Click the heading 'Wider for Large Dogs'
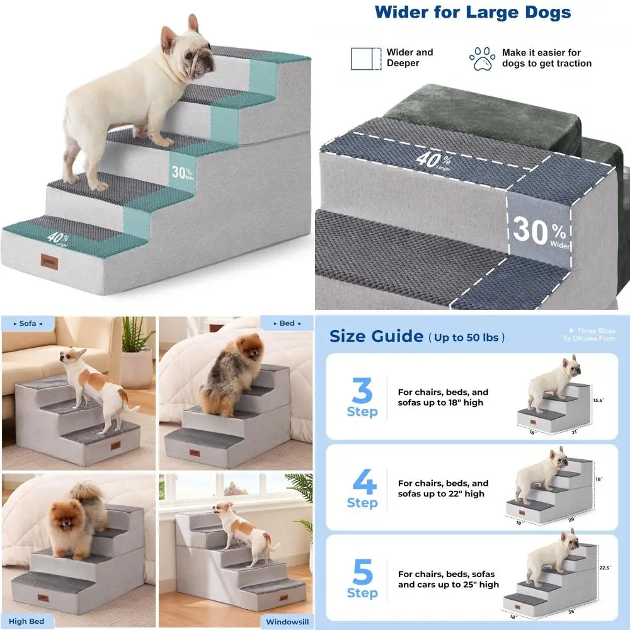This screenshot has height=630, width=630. coord(472,12)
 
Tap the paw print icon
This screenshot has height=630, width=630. coord(482,59)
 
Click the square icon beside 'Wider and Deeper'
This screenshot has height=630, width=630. coord(366,58)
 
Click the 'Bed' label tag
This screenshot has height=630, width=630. coord(287,323)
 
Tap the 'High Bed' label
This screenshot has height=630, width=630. coord(27,621)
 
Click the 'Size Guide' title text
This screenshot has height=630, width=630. coord(376,336)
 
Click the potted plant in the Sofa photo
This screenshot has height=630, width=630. coord(137,353)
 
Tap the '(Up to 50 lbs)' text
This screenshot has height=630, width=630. coord(467,338)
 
